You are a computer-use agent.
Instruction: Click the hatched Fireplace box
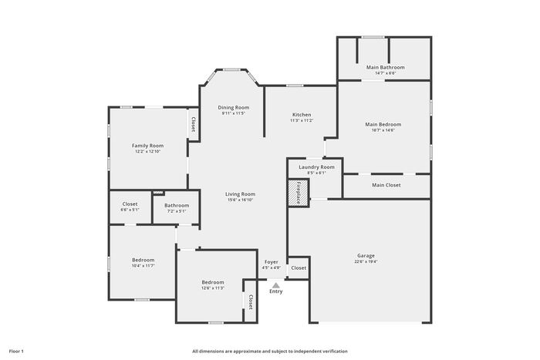[x=299, y=193]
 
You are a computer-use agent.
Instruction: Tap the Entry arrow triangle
[x=276, y=285]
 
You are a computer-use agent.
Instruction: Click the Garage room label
[x=366, y=256]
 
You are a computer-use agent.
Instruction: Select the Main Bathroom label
[x=386, y=67]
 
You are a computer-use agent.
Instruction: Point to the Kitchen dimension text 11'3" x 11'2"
[x=302, y=120]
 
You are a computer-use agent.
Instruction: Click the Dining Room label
[x=234, y=107]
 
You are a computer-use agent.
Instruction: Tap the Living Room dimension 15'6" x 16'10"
[x=241, y=200]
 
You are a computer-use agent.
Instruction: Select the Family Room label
[x=148, y=146]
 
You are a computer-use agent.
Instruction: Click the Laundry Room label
[x=316, y=167]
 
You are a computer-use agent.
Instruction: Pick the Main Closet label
[x=386, y=185]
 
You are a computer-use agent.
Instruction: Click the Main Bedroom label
[x=383, y=124]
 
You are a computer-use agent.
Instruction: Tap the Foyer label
[x=272, y=262]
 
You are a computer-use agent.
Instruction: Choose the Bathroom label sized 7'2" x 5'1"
[x=177, y=206]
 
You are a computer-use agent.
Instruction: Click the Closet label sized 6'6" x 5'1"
[x=130, y=204]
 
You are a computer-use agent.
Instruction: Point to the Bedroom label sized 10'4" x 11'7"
[x=143, y=260]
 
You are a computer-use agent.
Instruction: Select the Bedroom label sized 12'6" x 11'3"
[x=213, y=282]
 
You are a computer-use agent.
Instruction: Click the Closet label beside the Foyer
[x=299, y=267]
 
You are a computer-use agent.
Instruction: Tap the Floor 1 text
[x=16, y=352]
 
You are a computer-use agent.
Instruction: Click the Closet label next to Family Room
[x=193, y=124]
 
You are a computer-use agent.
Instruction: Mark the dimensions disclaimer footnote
[x=270, y=352]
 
